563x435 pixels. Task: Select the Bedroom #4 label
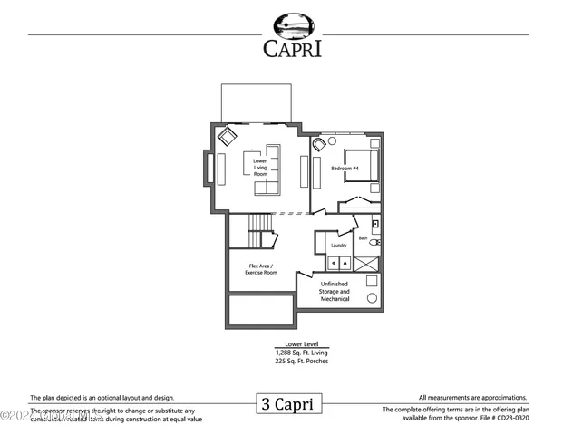(344, 169)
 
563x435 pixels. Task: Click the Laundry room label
(338, 245)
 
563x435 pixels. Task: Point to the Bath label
(363, 238)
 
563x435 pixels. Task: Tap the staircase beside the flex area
(260, 229)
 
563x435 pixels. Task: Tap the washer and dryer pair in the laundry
(339, 262)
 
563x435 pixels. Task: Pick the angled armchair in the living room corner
(226, 137)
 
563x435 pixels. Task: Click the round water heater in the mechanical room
(371, 298)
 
